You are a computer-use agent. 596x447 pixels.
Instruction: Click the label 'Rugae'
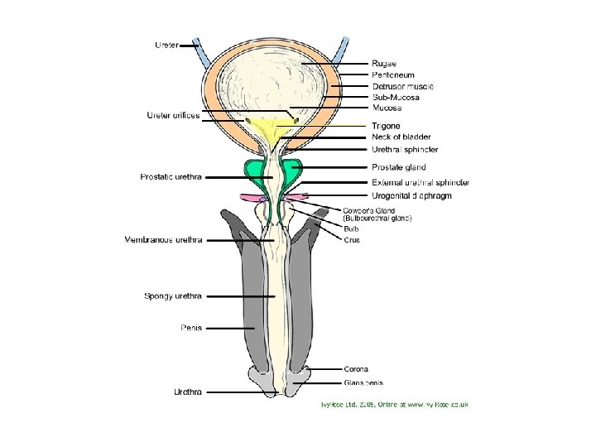[383, 64]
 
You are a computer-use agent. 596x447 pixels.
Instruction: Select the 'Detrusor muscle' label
[402, 86]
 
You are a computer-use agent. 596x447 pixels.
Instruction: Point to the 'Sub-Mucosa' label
[395, 97]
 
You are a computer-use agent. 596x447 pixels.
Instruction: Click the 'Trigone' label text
[386, 126]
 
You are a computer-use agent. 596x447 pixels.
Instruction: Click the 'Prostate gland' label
[398, 167]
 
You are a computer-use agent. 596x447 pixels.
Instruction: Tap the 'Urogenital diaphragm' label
[411, 195]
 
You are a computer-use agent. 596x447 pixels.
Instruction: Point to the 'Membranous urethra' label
[163, 240]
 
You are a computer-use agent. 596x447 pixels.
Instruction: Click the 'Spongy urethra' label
[173, 296]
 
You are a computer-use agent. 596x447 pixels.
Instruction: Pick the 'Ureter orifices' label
[173, 115]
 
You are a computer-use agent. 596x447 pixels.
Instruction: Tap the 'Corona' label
[356, 369]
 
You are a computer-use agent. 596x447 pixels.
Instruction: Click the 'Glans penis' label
[363, 382]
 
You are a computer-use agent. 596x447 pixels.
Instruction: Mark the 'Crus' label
[352, 240]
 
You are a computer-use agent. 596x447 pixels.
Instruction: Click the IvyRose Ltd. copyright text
[395, 405]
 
